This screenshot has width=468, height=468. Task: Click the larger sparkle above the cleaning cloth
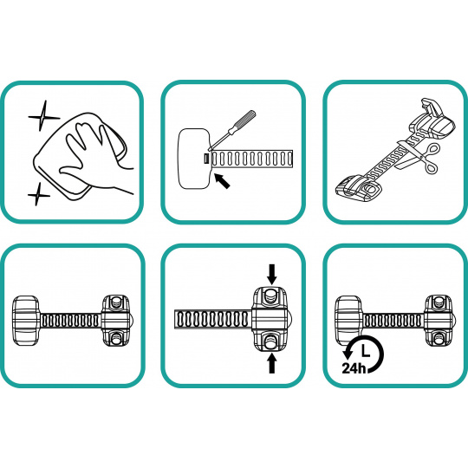tap(43, 116)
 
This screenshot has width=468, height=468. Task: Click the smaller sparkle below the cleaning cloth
tap(38, 194)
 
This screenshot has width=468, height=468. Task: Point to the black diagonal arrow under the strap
tap(223, 181)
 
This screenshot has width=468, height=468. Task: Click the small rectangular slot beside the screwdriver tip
tap(206, 159)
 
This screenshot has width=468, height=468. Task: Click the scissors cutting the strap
tap(419, 159)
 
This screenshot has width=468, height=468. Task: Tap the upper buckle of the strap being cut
tap(432, 119)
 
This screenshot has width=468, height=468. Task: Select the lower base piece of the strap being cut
tap(360, 189)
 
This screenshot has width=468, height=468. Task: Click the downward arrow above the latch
tap(272, 274)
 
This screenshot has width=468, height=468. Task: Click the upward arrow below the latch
tap(271, 362)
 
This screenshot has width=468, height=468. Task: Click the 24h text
tap(354, 367)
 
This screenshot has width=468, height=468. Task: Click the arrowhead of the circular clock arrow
tap(348, 354)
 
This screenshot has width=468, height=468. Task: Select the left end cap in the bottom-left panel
tap(26, 321)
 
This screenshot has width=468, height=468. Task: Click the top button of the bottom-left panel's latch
tap(115, 302)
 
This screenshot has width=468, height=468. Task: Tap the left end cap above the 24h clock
tap(349, 321)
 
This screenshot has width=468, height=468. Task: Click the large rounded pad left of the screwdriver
tap(194, 159)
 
